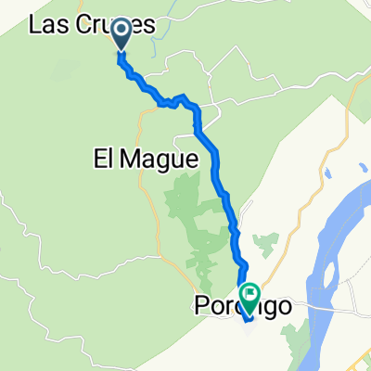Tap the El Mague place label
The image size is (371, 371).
point(147,159)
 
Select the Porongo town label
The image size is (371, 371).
point(238,303)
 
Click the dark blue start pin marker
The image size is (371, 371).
point(122,36)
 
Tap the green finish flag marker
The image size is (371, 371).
point(249,296)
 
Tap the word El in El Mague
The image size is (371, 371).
point(105,159)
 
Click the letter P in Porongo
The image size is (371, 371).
point(201,303)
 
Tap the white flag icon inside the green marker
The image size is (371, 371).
point(249,293)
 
